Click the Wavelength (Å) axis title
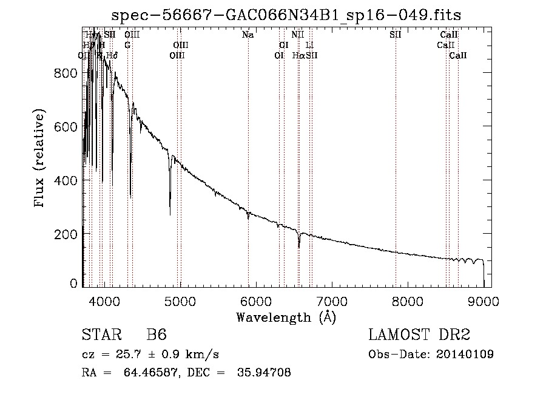[286, 317]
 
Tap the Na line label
[248, 35]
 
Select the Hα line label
[298, 56]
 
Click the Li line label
[309, 46]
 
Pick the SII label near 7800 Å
[396, 35]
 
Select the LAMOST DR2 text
[419, 335]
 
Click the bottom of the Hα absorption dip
[299, 247]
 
